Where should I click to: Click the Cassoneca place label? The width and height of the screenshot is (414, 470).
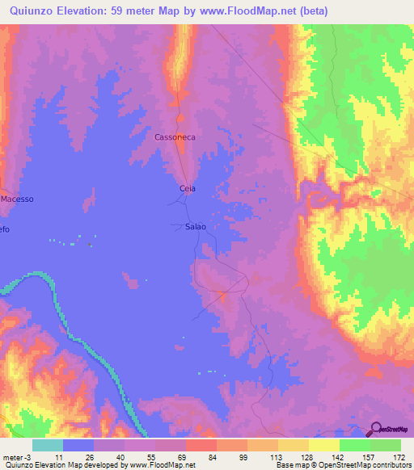176,138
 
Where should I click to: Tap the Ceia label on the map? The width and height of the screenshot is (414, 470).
187,188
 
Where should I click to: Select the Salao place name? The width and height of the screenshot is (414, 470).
196,227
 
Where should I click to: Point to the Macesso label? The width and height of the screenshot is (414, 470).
17,198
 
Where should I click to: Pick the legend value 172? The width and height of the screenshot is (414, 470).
398,457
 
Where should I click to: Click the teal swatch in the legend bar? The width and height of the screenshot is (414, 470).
48,445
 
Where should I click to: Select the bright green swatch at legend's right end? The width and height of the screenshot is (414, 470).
386,445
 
